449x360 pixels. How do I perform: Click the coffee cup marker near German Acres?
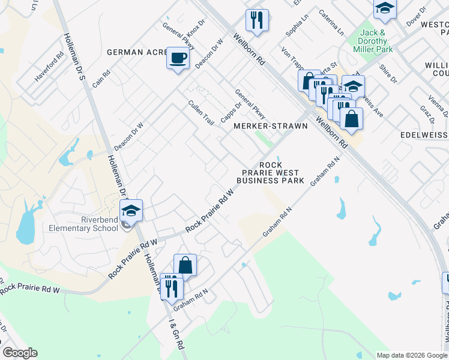[177, 58]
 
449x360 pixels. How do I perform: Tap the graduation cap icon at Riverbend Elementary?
[131, 211]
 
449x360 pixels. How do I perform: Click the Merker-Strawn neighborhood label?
[270, 126]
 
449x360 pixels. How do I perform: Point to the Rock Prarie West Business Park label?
[270, 172]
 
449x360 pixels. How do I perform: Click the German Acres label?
[137, 52]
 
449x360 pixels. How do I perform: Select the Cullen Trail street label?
[201, 112]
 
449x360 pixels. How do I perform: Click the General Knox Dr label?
[184, 29]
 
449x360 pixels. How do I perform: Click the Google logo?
[20, 353]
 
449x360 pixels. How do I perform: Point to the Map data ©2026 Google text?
[411, 355]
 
